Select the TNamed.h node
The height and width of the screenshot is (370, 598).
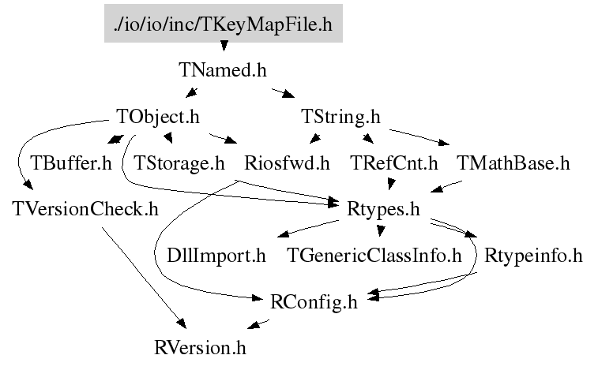pos(223,70)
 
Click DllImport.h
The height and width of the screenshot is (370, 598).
pos(216,256)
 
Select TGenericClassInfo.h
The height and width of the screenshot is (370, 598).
pos(374,256)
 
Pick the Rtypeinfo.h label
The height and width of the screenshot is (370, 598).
pos(533,256)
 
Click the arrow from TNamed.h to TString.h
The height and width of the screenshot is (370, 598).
pos(283,93)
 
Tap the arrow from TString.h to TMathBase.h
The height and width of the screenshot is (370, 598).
pos(419,136)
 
